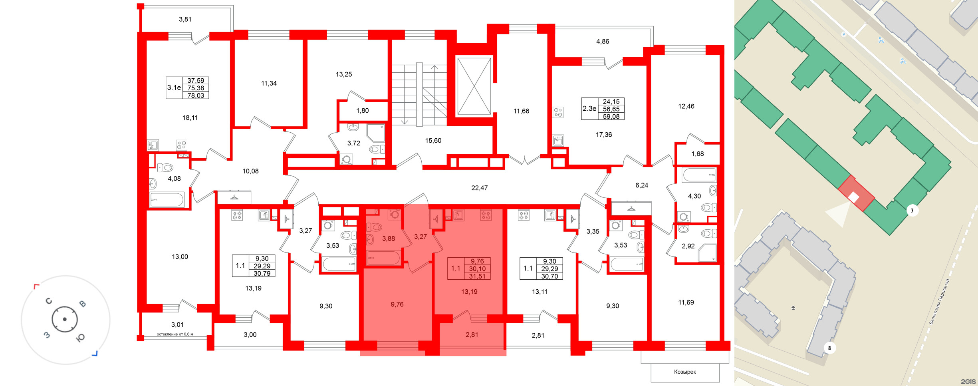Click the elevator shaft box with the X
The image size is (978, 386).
tap(474, 86)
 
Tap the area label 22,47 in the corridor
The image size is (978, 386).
tap(479, 188)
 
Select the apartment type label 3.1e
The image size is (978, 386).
tap(174, 88)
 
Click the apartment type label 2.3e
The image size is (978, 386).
tap(589, 108)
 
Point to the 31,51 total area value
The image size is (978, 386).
tap(477, 276)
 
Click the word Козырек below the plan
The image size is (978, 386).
tap(685, 372)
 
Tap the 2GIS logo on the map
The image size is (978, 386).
tap(968, 382)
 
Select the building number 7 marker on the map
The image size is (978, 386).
tap(912, 211)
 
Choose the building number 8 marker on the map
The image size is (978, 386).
tap(829, 348)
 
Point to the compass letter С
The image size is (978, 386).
tap(49, 301)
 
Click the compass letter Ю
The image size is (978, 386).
tap(80, 338)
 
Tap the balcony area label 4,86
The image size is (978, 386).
tap(603, 41)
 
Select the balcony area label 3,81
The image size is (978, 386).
tap(185, 19)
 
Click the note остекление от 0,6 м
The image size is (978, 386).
tap(175, 334)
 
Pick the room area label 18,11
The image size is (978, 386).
tap(190, 117)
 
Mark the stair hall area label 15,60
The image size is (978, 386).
tap(433, 141)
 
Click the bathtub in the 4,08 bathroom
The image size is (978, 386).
tap(167, 199)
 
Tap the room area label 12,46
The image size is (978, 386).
tap(686, 106)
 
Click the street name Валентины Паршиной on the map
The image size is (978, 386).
tap(939, 301)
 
